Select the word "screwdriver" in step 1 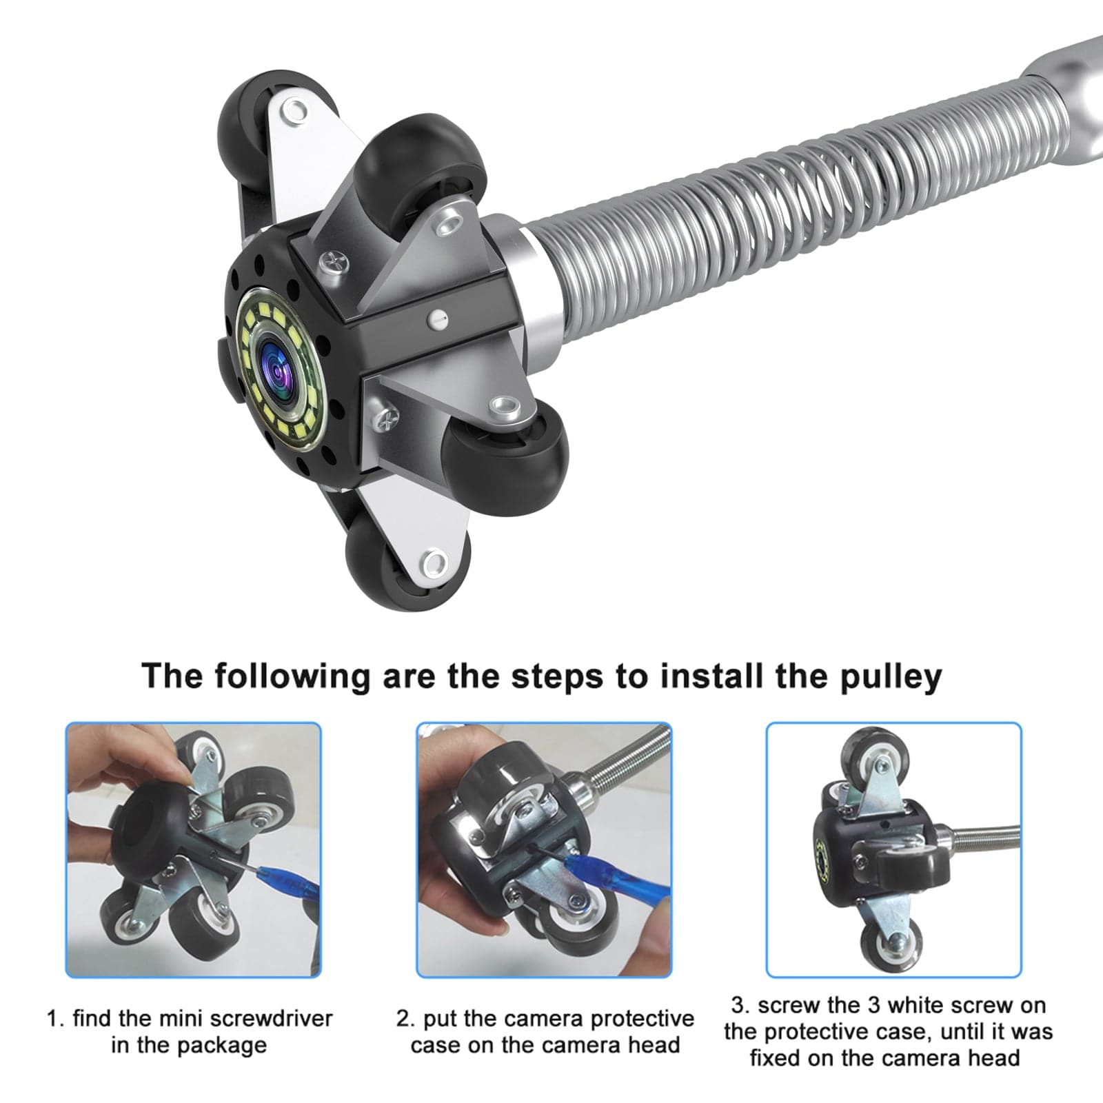point(271,1018)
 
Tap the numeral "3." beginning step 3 point(740,1006)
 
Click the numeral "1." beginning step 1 point(55,1019)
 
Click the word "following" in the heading point(292,677)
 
